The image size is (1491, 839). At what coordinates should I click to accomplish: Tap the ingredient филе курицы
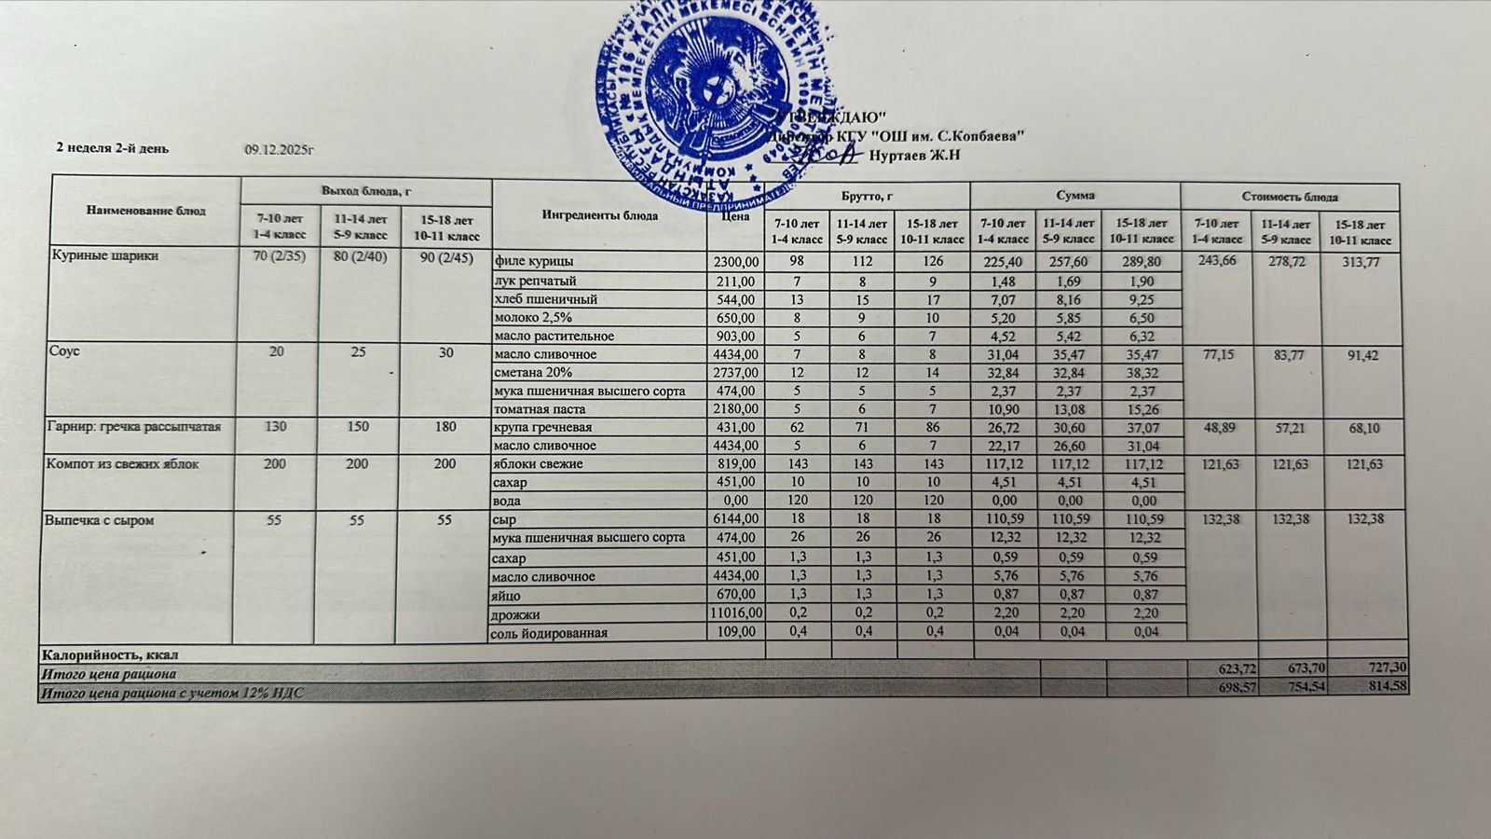click(534, 262)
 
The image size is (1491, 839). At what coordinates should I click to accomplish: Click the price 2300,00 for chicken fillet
click(735, 262)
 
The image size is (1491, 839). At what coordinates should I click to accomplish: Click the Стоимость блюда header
click(1290, 197)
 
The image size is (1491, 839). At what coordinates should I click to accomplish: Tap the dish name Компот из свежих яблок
click(122, 464)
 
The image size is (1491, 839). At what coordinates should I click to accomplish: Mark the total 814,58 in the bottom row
click(1383, 687)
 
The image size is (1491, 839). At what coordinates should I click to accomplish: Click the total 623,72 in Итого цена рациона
click(1237, 668)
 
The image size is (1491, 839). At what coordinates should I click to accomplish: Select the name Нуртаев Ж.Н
click(914, 156)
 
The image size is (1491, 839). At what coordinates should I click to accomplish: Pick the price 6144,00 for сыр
click(735, 519)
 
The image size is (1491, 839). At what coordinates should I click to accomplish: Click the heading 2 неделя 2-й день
click(113, 148)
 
